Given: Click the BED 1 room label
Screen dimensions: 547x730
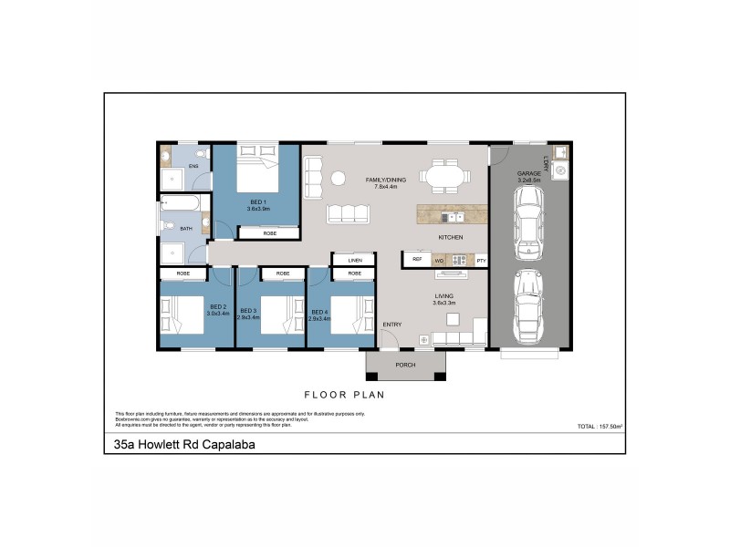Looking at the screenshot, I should coord(256,201).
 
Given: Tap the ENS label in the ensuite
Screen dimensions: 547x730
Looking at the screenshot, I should coord(193,167).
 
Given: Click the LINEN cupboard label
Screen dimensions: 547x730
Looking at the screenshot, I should coord(353,261).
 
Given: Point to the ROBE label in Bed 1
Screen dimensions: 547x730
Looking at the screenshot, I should coord(269,234).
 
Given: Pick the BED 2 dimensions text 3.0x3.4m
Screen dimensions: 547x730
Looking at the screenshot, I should coord(217,314).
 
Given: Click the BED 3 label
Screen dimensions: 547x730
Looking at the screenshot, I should coord(248,307).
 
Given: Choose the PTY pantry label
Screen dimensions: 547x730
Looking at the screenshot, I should coord(481,261).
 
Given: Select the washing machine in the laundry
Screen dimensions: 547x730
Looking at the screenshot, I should coord(561,169).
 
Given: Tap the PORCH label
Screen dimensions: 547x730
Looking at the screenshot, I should coord(405,366).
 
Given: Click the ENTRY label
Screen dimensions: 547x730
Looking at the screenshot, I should coord(392,325).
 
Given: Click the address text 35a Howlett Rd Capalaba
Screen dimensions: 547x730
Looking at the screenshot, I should coord(178,445).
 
